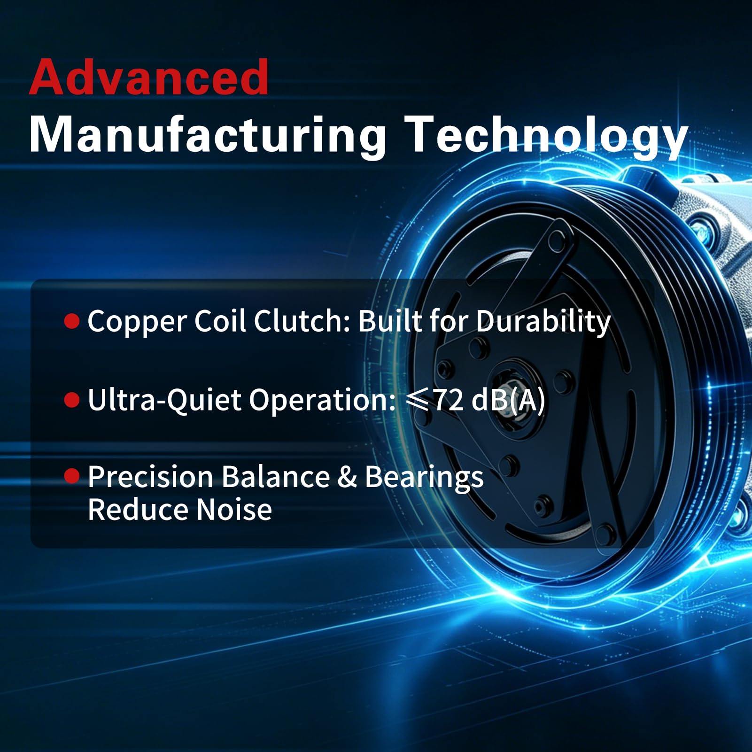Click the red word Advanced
point(149,77)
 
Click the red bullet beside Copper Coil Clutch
point(72,321)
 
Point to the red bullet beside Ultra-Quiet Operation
point(72,400)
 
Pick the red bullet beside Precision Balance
point(72,476)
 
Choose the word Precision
point(151,477)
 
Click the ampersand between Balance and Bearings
point(347,477)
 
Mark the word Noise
point(234,510)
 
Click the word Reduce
point(139,510)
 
